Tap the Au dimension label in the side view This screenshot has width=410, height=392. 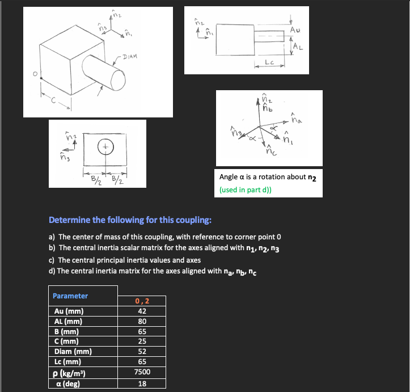[295, 29]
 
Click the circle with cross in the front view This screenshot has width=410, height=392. [105, 146]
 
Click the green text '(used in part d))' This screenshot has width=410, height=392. [245, 189]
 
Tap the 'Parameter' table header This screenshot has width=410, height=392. [70, 296]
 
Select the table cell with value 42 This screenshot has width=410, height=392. [142, 311]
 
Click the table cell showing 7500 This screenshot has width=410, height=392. [142, 372]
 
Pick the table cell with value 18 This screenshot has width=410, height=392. [142, 383]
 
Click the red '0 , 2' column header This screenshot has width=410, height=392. [142, 301]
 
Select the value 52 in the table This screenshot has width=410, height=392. [142, 351]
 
